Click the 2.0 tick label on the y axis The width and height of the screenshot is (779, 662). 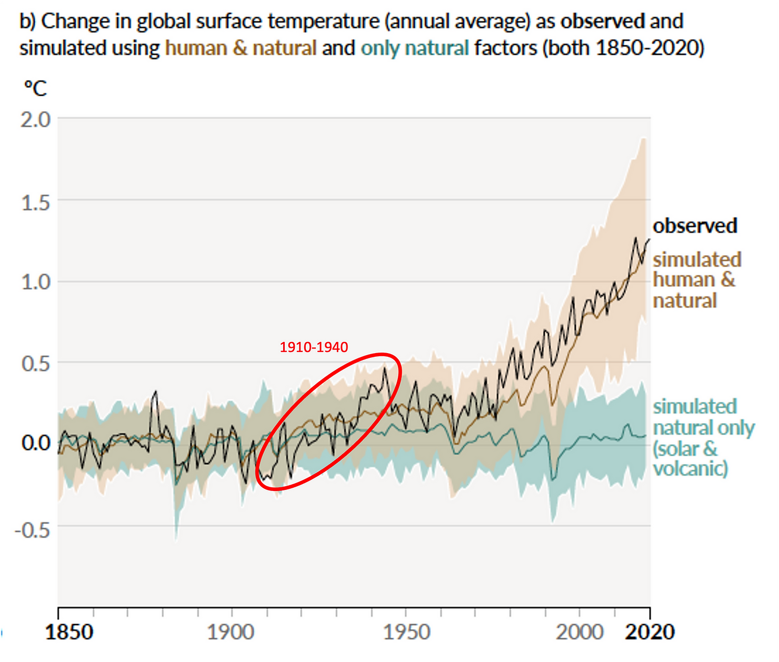[x=36, y=120]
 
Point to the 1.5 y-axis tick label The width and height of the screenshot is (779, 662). [x=36, y=202]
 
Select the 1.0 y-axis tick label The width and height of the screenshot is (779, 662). [x=36, y=282]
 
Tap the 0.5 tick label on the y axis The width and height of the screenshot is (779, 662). [x=36, y=363]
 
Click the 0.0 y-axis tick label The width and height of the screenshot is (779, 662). [x=36, y=443]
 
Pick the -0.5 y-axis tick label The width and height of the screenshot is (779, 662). [x=33, y=529]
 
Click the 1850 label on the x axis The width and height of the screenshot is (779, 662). [x=69, y=632]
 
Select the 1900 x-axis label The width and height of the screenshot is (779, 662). [x=231, y=632]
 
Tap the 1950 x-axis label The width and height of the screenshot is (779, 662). [x=406, y=632]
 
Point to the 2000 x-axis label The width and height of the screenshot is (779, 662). [x=580, y=632]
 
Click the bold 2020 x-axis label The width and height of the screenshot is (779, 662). [x=650, y=632]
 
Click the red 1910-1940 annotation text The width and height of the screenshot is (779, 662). [x=314, y=347]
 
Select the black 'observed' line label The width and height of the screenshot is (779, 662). [x=695, y=226]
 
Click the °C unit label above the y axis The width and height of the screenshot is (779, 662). [x=35, y=88]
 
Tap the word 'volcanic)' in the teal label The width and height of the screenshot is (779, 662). [x=691, y=468]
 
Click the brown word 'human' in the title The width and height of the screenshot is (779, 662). [x=196, y=48]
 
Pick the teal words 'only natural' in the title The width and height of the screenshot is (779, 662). [x=414, y=48]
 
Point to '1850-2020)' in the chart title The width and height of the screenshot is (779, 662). [x=650, y=48]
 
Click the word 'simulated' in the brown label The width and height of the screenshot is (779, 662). [x=697, y=259]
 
